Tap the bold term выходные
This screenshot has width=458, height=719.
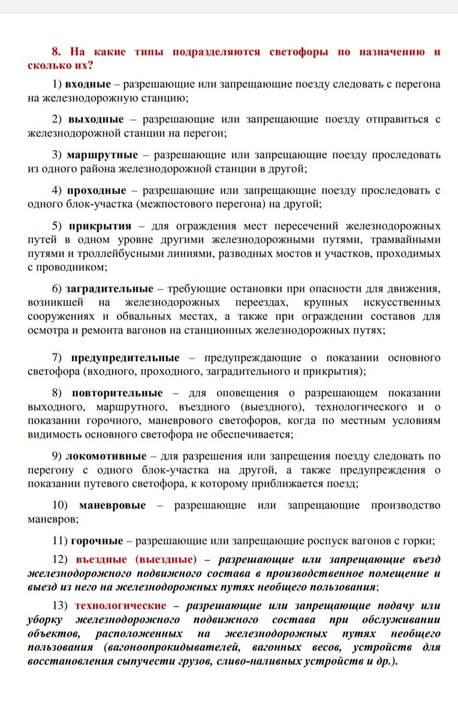pyautogui.click(x=96, y=119)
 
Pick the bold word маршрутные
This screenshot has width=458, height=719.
pyautogui.click(x=103, y=155)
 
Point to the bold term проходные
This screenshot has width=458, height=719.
pyautogui.click(x=97, y=190)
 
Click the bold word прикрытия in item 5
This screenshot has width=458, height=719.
pyautogui.click(x=100, y=226)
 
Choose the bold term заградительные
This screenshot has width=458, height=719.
pyautogui.click(x=110, y=288)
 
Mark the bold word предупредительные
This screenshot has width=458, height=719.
pyautogui.click(x=125, y=358)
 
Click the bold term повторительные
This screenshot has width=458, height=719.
pyautogui.click(x=117, y=393)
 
